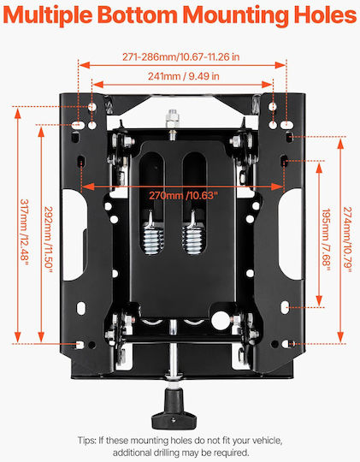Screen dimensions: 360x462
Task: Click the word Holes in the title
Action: tap(325, 15)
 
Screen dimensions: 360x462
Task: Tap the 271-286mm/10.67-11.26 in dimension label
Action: tap(181, 56)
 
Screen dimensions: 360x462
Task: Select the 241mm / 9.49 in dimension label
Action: tap(184, 76)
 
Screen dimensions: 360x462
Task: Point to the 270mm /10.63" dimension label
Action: tap(183, 195)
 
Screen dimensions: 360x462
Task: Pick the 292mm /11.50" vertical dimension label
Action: tap(49, 240)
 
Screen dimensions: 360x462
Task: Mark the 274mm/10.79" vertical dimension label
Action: tap(348, 240)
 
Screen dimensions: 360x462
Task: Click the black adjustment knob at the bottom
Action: tap(174, 408)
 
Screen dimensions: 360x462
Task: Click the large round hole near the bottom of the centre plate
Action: tap(220, 320)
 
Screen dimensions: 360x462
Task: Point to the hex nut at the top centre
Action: tap(173, 118)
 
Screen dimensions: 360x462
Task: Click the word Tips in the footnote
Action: tap(87, 441)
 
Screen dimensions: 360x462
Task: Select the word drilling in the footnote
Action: tap(167, 453)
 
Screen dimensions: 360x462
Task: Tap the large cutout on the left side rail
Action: tap(74, 234)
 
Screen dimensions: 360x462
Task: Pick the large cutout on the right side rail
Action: tap(291, 234)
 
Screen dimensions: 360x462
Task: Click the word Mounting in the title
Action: tap(236, 15)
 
